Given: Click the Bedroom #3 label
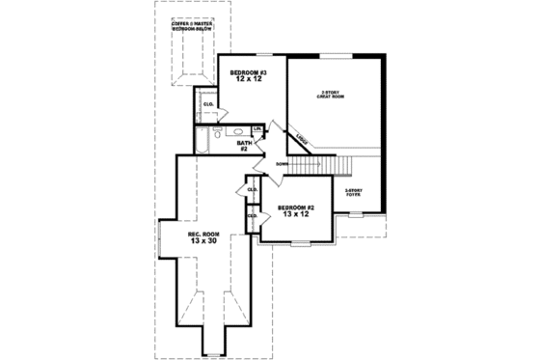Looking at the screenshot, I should [250, 74].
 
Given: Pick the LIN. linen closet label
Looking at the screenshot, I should [257, 129].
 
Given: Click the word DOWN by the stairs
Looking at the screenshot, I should [283, 164].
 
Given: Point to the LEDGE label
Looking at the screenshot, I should [303, 137].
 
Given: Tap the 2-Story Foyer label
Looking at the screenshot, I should [354, 192].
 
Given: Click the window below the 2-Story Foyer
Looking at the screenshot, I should [355, 213].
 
